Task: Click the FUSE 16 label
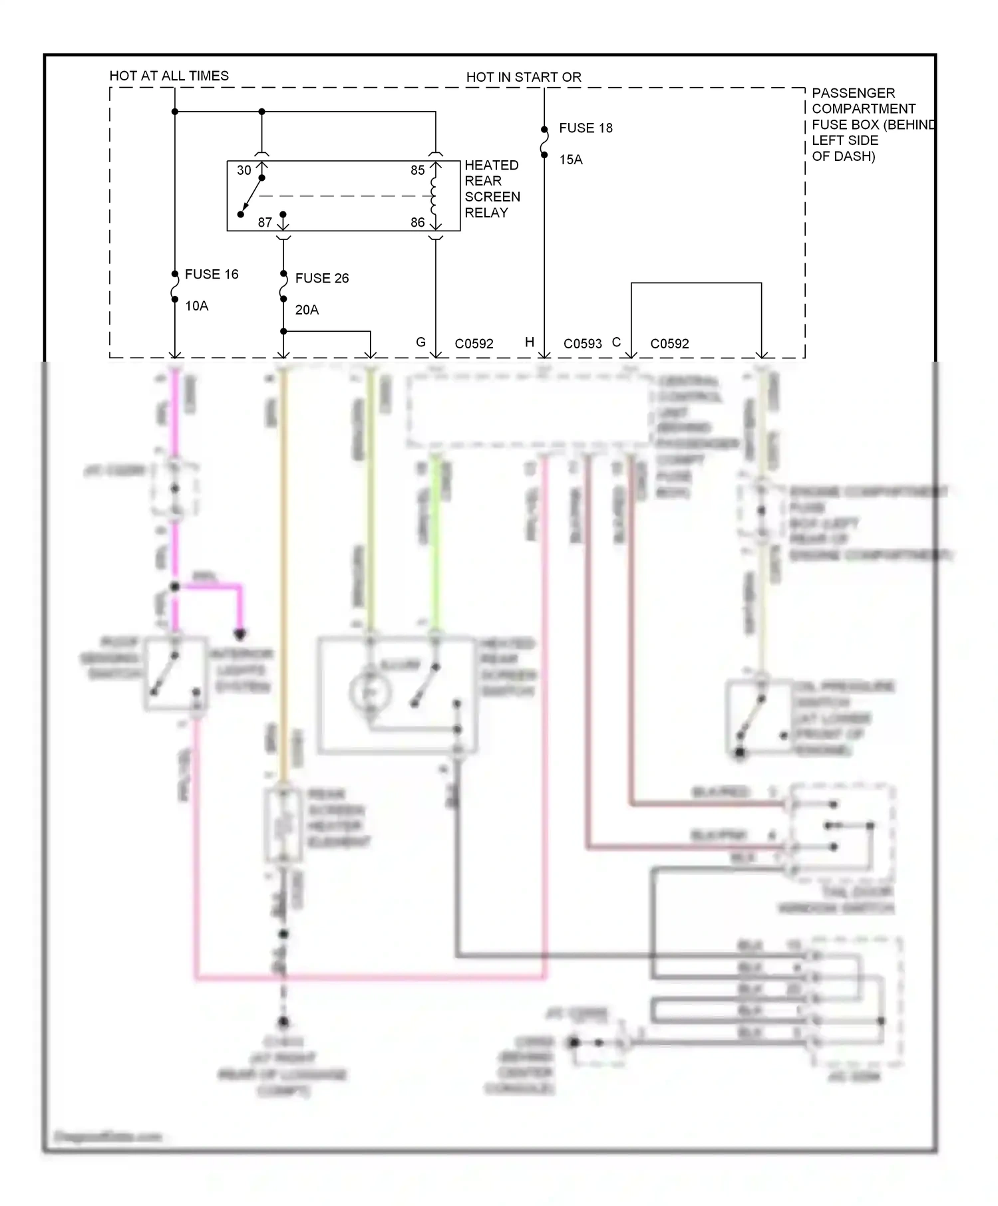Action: pyautogui.click(x=211, y=274)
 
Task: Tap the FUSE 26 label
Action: pyautogui.click(x=321, y=278)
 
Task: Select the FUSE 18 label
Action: pyautogui.click(x=585, y=128)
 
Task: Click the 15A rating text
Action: pyautogui.click(x=570, y=160)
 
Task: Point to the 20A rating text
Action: pyautogui.click(x=307, y=310)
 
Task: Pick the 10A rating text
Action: pyautogui.click(x=196, y=306)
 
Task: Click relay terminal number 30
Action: pyautogui.click(x=244, y=170)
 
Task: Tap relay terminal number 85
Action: pyautogui.click(x=417, y=170)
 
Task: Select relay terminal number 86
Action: pyautogui.click(x=417, y=223)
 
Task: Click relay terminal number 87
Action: pyautogui.click(x=265, y=223)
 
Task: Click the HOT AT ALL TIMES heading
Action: pyautogui.click(x=169, y=76)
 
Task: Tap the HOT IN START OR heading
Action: pyautogui.click(x=524, y=77)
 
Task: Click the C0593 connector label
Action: pyautogui.click(x=582, y=344)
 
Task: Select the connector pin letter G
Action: pyautogui.click(x=420, y=342)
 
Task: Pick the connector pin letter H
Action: pyautogui.click(x=530, y=342)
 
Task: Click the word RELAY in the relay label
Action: pyautogui.click(x=486, y=213)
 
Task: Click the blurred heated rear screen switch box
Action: pyautogui.click(x=397, y=695)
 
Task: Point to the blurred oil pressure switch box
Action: pyautogui.click(x=758, y=717)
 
